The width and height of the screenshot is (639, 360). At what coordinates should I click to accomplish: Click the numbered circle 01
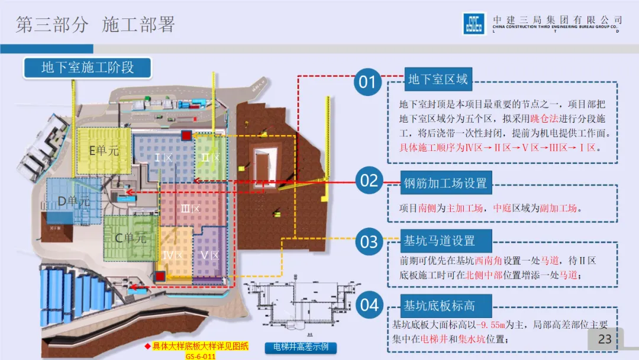tap(367, 81)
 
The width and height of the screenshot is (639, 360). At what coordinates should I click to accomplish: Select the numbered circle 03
tap(369, 242)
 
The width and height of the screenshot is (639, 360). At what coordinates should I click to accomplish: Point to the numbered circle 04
tap(369, 305)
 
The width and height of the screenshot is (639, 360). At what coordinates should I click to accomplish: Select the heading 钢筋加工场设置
tap(446, 183)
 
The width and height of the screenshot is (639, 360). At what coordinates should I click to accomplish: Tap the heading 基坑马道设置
tap(439, 241)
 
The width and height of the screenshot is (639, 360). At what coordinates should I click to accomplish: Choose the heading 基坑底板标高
tap(439, 306)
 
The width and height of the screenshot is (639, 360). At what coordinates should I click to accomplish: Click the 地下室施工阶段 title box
tap(88, 67)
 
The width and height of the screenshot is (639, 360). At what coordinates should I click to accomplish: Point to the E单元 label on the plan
tap(104, 150)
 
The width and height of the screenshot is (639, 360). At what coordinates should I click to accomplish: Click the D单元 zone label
tap(73, 201)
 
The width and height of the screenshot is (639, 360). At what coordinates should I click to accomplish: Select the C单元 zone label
tap(130, 239)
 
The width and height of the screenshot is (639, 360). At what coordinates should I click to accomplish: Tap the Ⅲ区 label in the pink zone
tap(190, 208)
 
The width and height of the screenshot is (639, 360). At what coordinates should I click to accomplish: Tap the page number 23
tap(605, 339)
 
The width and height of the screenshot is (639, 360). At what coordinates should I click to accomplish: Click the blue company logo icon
tap(473, 24)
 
